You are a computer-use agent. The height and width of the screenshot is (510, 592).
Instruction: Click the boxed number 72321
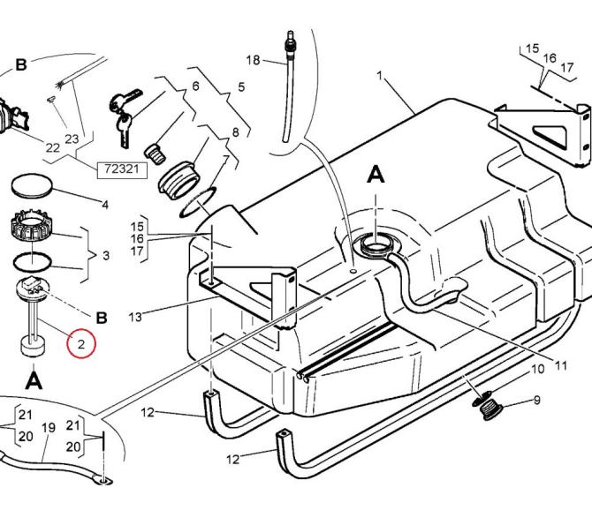(122, 169)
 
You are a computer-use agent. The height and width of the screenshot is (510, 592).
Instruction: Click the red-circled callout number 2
(81, 344)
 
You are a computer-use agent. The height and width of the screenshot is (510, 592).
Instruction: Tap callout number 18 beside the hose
(253, 60)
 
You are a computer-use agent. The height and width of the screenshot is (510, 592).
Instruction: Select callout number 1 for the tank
(380, 76)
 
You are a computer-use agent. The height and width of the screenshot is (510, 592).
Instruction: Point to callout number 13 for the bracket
(135, 317)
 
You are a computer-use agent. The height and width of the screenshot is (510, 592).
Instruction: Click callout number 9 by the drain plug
(537, 400)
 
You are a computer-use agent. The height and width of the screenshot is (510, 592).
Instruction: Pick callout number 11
(561, 365)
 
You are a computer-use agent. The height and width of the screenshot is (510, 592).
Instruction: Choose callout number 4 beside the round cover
(105, 205)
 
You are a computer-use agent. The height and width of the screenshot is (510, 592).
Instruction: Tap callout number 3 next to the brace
(106, 256)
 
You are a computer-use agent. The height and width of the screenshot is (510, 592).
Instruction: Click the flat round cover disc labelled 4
(32, 185)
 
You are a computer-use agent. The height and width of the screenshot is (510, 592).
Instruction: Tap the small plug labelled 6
(155, 154)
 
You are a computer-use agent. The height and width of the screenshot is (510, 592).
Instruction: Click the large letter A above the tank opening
(376, 176)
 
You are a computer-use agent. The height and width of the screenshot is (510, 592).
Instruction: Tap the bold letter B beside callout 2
(102, 318)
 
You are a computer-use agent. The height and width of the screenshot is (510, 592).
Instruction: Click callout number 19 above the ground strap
(49, 427)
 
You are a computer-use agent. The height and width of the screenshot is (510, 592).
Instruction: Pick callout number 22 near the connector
(52, 147)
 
